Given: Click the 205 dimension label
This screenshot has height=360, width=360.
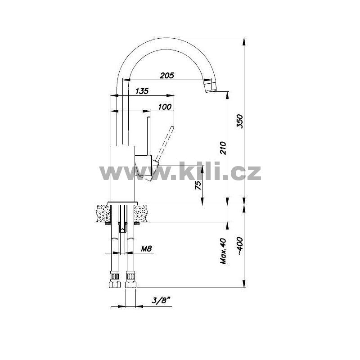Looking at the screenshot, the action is pyautogui.click(x=167, y=75).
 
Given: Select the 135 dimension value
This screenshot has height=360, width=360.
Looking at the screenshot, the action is pyautogui.click(x=142, y=91).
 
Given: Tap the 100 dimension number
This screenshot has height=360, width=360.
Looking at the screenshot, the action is pyautogui.click(x=165, y=107).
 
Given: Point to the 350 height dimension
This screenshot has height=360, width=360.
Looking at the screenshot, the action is pyautogui.click(x=240, y=121).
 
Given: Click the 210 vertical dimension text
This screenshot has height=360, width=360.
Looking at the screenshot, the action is pyautogui.click(x=223, y=148).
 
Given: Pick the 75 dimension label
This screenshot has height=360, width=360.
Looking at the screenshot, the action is pyautogui.click(x=198, y=185).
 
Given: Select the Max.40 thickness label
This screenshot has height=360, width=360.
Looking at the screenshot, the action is pyautogui.click(x=223, y=251).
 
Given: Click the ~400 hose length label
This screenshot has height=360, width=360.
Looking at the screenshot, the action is pyautogui.click(x=240, y=246).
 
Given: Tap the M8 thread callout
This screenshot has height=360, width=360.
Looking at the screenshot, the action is pyautogui.click(x=146, y=248).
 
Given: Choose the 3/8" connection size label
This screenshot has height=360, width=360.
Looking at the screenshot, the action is pyautogui.click(x=162, y=300).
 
